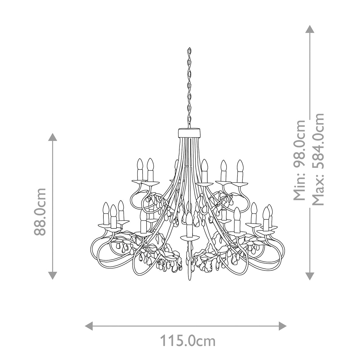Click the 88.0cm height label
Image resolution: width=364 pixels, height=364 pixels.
[x=40, y=211]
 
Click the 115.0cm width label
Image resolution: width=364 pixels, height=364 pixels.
[x=188, y=341]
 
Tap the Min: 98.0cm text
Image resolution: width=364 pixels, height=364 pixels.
[x=300, y=160]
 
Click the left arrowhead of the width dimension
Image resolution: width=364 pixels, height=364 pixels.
[x=89, y=326]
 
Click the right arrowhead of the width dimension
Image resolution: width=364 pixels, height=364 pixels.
[x=283, y=326]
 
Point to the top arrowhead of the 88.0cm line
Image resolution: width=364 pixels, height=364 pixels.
[x=53, y=137]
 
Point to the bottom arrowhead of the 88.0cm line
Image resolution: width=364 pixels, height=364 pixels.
[x=53, y=275]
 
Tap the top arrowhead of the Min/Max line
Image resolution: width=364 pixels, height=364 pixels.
[x=309, y=29]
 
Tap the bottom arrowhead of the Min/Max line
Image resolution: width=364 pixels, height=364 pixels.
[x=309, y=275]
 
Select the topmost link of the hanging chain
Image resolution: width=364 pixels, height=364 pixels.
[x=189, y=50]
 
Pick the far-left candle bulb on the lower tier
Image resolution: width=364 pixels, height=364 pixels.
[x=106, y=209]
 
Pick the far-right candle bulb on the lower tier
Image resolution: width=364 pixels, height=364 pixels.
[x=270, y=211]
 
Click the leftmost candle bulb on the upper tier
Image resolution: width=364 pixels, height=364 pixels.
[x=140, y=165]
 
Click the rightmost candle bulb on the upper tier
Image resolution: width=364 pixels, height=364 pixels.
[x=240, y=166]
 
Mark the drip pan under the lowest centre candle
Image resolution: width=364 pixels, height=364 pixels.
[x=189, y=236]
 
